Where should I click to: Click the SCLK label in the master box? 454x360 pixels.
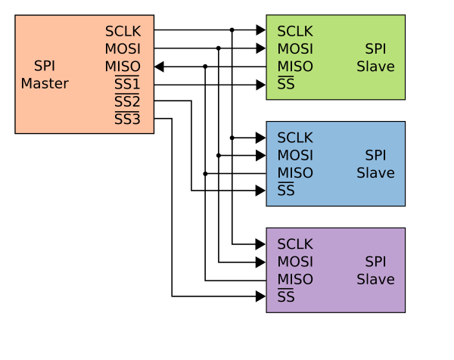(x=123, y=32)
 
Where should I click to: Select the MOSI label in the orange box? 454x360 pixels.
(x=123, y=49)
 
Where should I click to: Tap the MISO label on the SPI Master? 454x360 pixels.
(x=123, y=67)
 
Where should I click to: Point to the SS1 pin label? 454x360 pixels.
(x=127, y=84)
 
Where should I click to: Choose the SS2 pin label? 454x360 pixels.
(x=127, y=101)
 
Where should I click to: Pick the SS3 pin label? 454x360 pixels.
(x=127, y=119)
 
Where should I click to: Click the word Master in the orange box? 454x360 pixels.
(x=45, y=84)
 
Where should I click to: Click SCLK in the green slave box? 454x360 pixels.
(x=295, y=32)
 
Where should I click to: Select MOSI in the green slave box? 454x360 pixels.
(x=295, y=49)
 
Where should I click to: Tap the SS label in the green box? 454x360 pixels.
(x=286, y=84)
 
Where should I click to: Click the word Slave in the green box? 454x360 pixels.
(x=375, y=67)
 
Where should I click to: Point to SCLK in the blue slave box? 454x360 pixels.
(x=295, y=138)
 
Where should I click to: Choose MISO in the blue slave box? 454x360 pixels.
(x=295, y=173)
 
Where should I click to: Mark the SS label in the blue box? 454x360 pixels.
(x=286, y=191)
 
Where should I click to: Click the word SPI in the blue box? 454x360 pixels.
(x=375, y=156)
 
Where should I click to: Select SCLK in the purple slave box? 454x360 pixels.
(x=295, y=244)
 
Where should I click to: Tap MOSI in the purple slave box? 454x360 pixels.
(x=295, y=262)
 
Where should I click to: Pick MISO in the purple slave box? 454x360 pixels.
(x=295, y=279)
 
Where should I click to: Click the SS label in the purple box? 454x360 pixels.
(x=286, y=296)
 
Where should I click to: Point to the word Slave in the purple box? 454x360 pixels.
(x=375, y=279)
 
